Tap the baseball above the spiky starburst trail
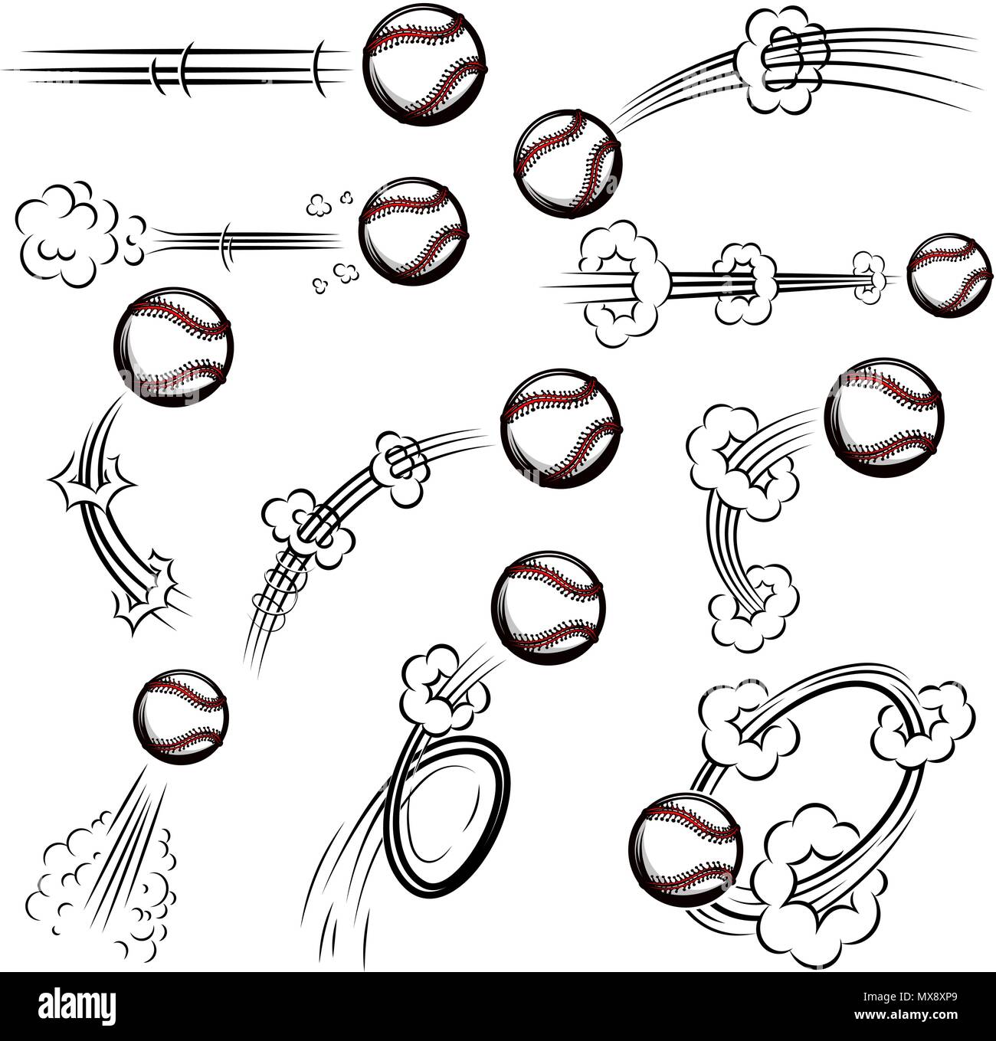tap(172, 345)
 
